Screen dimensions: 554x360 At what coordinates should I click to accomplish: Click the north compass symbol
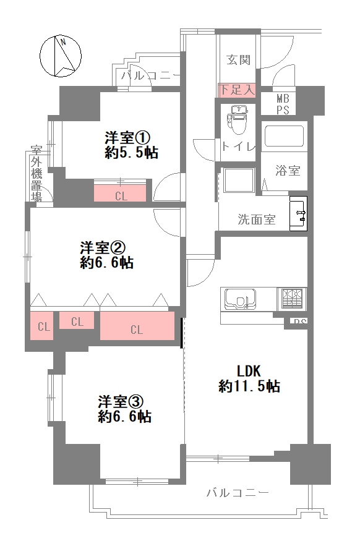(61, 56)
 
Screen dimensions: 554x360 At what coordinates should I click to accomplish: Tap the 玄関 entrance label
(238, 60)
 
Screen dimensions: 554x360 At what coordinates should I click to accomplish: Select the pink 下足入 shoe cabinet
(236, 90)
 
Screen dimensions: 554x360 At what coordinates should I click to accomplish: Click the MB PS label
(282, 104)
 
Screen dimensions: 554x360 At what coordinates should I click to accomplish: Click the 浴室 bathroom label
(288, 171)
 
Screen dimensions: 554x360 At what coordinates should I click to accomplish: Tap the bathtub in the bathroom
(283, 137)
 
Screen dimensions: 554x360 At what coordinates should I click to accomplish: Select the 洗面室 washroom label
(257, 219)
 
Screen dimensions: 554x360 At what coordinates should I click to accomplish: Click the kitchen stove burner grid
(292, 299)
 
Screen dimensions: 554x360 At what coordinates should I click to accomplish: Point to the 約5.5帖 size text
(131, 153)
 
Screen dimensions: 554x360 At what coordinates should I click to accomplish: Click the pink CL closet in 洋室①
(121, 195)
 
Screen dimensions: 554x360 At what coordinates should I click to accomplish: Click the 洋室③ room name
(121, 401)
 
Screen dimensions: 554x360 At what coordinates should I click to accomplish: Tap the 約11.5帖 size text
(249, 386)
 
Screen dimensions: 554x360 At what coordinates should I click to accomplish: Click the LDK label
(249, 371)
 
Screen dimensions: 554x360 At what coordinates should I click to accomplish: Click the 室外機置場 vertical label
(36, 174)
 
